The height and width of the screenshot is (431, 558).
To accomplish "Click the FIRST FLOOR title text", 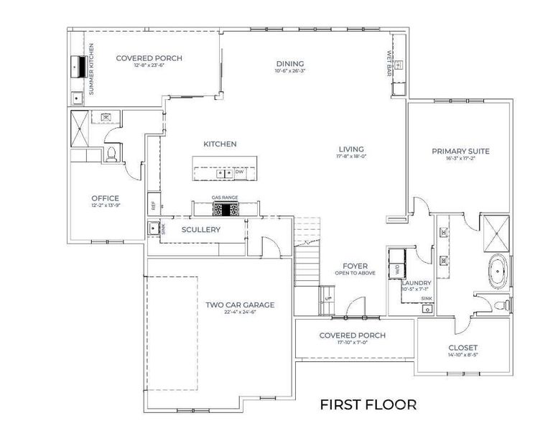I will point(368,404).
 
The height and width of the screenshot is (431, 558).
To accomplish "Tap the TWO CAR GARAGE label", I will point(240,305).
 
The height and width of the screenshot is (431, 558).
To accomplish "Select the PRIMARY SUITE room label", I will point(460,151).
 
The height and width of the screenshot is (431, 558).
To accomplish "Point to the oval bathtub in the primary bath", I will point(497,274).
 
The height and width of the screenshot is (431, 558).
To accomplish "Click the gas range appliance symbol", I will point(225,209).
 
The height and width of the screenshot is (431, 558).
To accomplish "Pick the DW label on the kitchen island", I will point(239,172).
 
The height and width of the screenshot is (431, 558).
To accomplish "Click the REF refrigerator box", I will point(153,204).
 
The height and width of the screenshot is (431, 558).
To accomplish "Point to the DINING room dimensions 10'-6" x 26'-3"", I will point(289,71).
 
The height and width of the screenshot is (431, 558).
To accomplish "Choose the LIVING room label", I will point(352,149).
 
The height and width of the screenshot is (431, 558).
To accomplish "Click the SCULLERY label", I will point(200,230).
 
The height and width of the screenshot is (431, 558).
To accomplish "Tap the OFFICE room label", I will point(105,198).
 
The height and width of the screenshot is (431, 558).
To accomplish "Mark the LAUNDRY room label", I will point(416,283).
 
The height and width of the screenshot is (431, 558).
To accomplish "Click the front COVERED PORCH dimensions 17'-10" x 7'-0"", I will point(352,343).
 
